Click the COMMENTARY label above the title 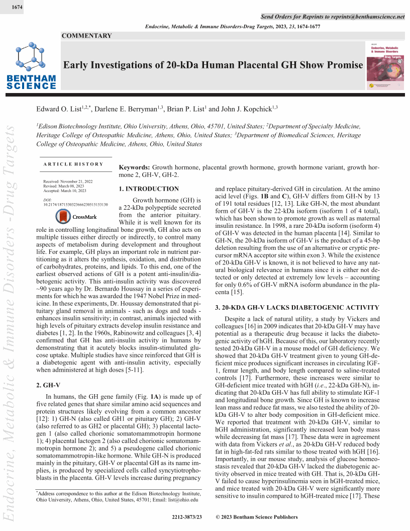coord(87,36)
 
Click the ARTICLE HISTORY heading coord(73,164)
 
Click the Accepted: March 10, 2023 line coord(65,191)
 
